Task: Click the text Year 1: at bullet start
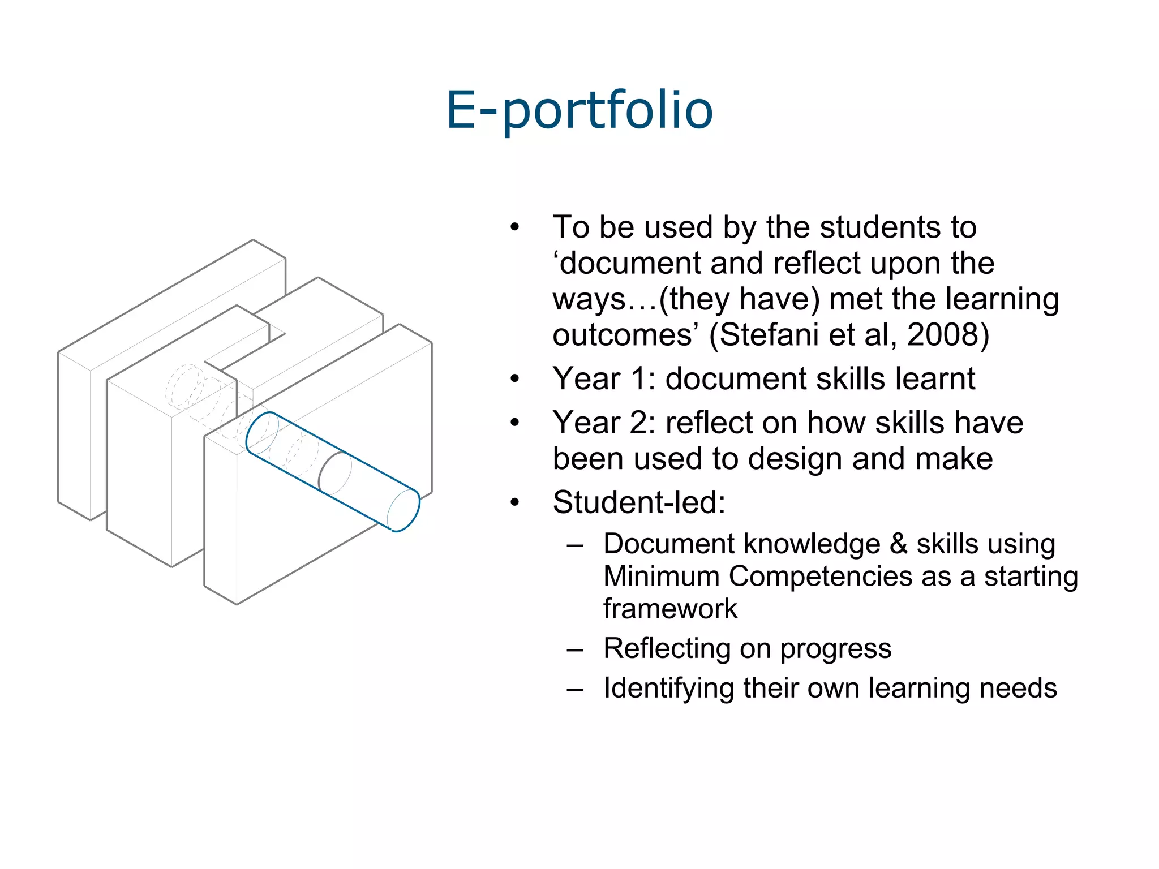[x=604, y=378]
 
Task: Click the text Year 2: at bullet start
[x=604, y=423]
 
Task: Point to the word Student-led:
[x=639, y=502]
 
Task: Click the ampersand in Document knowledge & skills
[x=898, y=544]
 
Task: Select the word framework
[x=670, y=609]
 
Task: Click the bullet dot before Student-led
[x=514, y=502]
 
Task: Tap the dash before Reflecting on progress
[x=574, y=650]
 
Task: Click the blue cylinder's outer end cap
[x=404, y=510]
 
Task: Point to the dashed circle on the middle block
[x=184, y=386]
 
